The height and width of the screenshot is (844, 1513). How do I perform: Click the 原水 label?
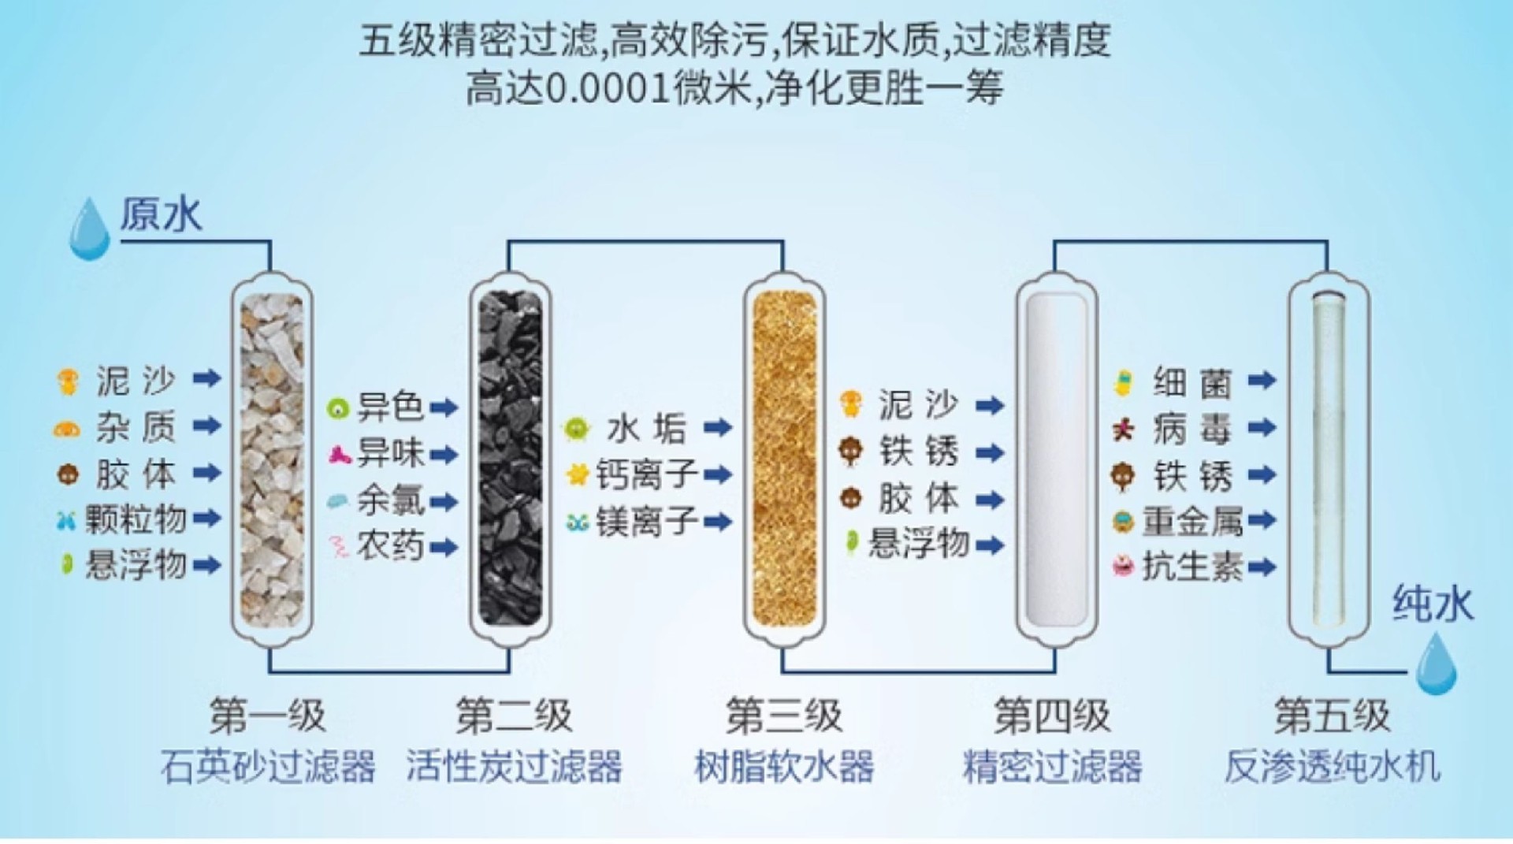point(161,215)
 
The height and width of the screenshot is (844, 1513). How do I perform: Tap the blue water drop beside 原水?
point(89,230)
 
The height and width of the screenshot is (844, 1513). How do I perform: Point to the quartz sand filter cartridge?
point(272,459)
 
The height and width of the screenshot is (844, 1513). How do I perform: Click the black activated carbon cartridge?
point(511,459)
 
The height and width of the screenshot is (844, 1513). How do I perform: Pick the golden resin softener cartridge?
point(784,459)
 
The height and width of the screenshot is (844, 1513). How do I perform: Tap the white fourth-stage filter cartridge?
point(1056,459)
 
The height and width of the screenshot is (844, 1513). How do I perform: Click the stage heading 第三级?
point(783,716)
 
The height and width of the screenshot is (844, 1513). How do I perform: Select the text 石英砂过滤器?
point(268,766)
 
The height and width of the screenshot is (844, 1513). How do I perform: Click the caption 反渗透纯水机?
point(1332,766)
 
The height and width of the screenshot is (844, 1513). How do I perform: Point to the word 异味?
point(391,453)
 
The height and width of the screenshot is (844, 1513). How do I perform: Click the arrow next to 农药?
point(444,547)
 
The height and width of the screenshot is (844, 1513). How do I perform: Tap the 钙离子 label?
point(646,474)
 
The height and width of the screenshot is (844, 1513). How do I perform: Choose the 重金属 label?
point(1192,521)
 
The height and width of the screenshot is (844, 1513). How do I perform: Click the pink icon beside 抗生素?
point(1123,566)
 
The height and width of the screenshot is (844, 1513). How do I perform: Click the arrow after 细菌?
point(1262,381)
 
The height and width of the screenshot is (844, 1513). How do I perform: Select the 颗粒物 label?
point(136,519)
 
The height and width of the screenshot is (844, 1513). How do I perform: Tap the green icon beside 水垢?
point(577,429)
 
